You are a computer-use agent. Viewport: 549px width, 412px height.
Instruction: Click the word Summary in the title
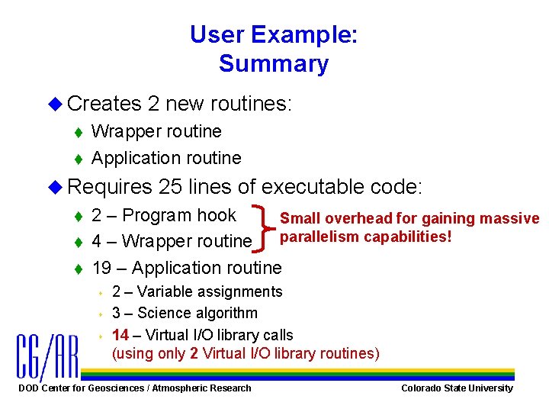[274, 64]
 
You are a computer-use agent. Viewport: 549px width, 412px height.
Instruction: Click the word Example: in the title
[312, 34]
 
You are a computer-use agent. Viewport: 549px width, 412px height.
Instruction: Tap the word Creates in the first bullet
[104, 103]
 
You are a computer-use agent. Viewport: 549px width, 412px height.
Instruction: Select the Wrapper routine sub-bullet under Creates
[156, 131]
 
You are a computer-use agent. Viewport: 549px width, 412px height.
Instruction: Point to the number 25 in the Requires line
[170, 187]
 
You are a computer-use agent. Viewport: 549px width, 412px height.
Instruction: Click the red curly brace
[266, 227]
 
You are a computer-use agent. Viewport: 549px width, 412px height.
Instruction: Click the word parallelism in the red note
[320, 237]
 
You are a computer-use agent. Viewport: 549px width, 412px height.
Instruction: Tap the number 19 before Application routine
[101, 268]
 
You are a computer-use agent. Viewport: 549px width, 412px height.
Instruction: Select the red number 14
[120, 335]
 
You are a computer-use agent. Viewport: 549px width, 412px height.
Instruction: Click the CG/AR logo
[47, 357]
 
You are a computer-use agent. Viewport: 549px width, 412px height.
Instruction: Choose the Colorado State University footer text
[457, 388]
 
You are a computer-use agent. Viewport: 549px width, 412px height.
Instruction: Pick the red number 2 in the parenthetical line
[195, 352]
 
